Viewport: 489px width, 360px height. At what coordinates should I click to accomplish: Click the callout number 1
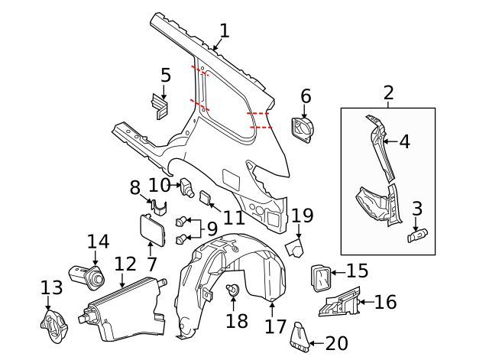pos(224,31)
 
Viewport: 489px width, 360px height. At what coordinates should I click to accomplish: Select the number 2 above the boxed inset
pos(388,93)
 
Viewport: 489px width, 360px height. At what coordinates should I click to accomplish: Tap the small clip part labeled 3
pos(417,236)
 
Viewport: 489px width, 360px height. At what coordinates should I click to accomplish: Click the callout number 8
pos(134,187)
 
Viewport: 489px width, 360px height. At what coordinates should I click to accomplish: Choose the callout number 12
pos(125,264)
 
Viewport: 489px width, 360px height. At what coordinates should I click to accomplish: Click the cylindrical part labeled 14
pos(89,276)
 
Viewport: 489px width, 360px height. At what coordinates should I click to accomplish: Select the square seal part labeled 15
pos(319,275)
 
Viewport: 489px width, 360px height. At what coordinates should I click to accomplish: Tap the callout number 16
pos(386,302)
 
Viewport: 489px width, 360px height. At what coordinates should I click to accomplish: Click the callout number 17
pos(276,326)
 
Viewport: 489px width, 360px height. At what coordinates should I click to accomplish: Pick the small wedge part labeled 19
pos(294,248)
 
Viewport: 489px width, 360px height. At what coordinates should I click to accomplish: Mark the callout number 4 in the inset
pos(404,141)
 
